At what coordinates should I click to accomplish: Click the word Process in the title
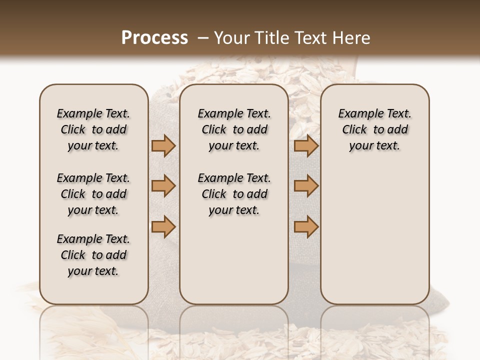tap(154, 38)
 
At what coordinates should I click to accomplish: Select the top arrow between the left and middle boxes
tap(163, 145)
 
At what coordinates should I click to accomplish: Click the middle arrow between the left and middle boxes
tap(163, 186)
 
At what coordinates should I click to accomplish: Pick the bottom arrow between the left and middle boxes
tap(163, 226)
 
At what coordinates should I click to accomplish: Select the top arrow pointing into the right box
tap(306, 145)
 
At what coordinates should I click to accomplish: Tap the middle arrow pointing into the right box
tap(306, 186)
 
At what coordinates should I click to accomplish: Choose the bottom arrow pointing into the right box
tap(306, 226)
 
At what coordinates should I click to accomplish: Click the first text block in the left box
tap(93, 130)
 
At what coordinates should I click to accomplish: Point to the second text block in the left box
tap(93, 194)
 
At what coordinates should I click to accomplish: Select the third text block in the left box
tap(93, 255)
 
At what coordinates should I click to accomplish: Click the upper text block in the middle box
tap(234, 130)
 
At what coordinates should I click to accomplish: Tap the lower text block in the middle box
tap(234, 194)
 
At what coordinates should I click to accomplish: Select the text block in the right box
tap(375, 130)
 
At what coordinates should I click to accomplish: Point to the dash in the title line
tap(203, 38)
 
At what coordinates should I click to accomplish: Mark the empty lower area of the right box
tap(375, 230)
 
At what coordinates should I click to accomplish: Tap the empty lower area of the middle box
tap(234, 260)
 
